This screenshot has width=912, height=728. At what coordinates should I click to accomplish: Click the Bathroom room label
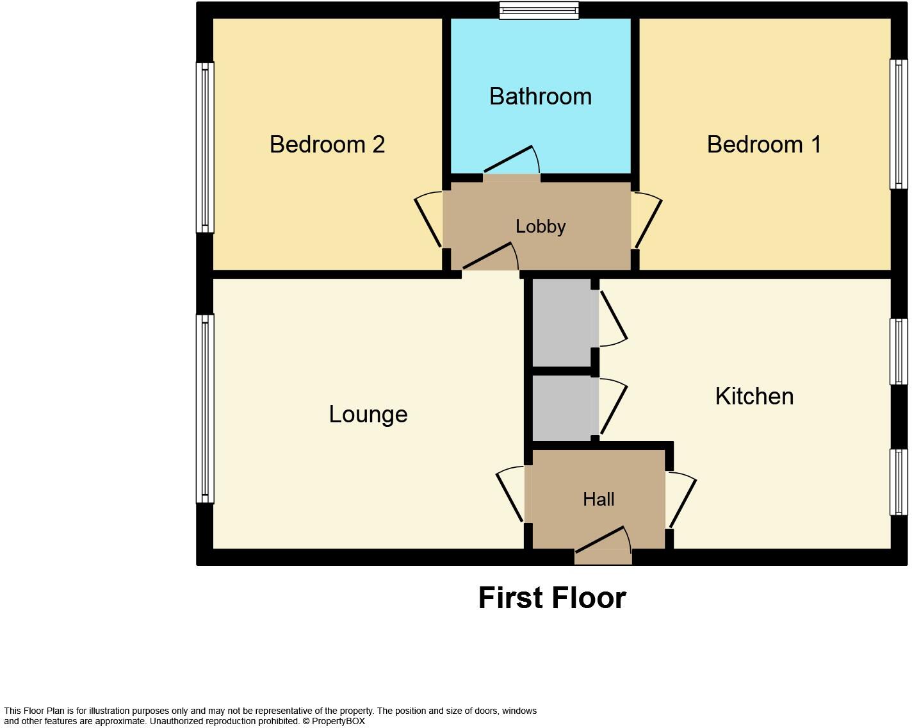point(540,97)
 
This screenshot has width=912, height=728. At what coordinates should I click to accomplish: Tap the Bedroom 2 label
point(327,145)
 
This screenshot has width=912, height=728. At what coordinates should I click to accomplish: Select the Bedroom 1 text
point(763,145)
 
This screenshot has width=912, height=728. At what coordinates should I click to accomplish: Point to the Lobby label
point(541,227)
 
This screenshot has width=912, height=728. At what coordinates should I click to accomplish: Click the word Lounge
point(368,415)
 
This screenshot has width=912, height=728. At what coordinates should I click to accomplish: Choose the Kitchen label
point(754,397)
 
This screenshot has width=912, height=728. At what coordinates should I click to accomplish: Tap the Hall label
point(598,499)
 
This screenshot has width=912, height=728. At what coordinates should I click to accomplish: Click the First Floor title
point(551,598)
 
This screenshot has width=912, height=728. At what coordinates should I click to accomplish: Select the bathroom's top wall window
point(539,10)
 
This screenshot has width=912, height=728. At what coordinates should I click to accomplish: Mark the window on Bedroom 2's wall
point(205,147)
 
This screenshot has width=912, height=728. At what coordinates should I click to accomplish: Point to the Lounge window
point(205,408)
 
